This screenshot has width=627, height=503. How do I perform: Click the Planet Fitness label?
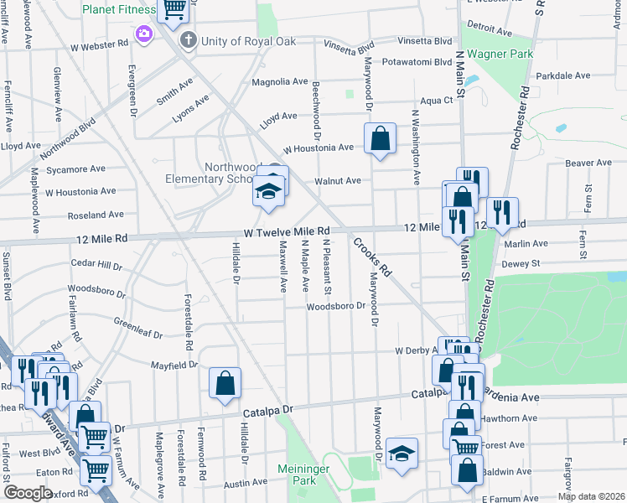pyautogui.click(x=118, y=10)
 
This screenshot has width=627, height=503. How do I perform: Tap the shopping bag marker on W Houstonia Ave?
pyautogui.click(x=380, y=140)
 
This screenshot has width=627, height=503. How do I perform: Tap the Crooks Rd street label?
pyautogui.click(x=373, y=257)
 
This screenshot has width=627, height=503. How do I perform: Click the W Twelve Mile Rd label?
pyautogui.click(x=288, y=231)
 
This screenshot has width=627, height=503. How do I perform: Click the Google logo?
pyautogui.click(x=28, y=493)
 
